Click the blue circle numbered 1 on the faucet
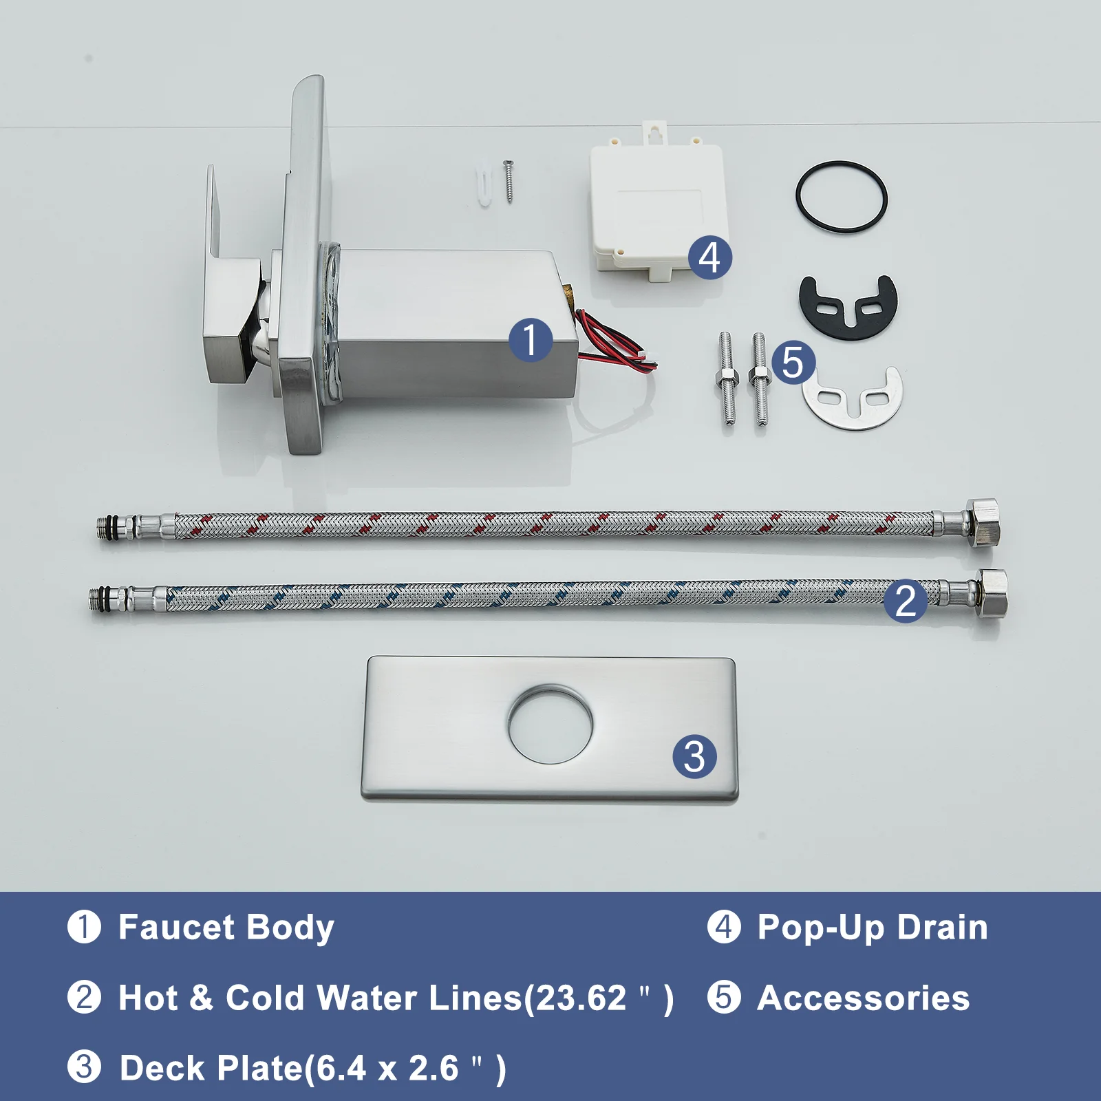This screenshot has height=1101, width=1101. click(530, 340)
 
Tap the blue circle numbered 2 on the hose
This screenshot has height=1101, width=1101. click(906, 601)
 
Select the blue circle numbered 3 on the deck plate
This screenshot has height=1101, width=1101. click(694, 757)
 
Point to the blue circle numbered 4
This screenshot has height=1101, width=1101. click(710, 257)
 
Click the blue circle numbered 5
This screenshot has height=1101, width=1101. click(793, 362)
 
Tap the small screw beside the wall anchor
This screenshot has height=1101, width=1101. click(509, 181)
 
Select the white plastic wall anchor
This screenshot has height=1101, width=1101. click(485, 186)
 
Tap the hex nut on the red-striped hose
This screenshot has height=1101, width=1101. click(982, 523)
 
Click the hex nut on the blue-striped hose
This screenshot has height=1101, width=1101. click(992, 593)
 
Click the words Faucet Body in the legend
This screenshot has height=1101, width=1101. click(226, 928)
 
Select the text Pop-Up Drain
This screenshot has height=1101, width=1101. click(873, 928)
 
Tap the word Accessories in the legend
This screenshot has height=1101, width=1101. click(864, 998)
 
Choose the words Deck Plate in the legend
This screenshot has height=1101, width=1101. click(211, 1069)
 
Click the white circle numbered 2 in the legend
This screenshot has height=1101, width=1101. click(85, 997)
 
